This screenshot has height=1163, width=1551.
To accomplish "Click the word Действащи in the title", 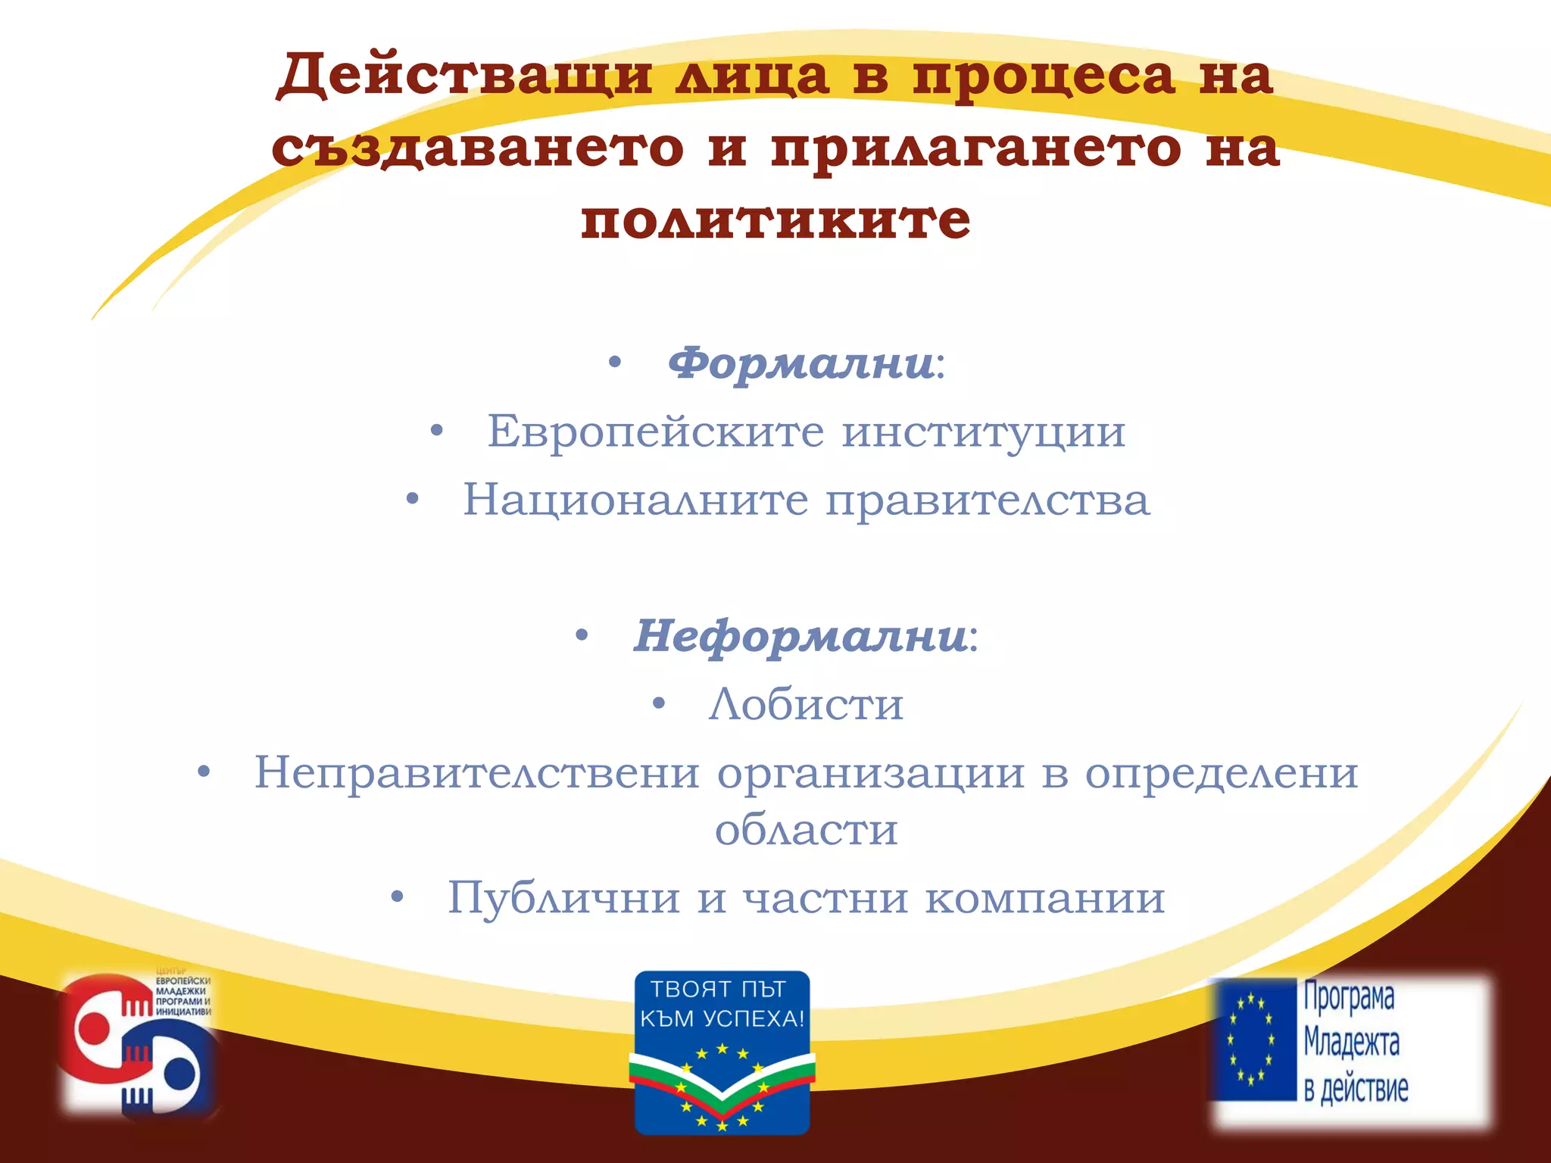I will pyautogui.click(x=463, y=76).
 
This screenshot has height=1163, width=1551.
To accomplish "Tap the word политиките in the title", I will pyautogui.click(x=775, y=220).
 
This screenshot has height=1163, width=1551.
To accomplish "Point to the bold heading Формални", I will pyautogui.click(x=800, y=363).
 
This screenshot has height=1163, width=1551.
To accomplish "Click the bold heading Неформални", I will pyautogui.click(x=800, y=636).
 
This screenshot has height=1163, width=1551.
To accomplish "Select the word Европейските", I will pyautogui.click(x=655, y=432).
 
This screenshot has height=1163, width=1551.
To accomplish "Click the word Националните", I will pyautogui.click(x=635, y=500).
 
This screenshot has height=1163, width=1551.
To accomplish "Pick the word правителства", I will pyautogui.click(x=987, y=500).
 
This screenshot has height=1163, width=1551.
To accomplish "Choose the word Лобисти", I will pyautogui.click(x=806, y=704).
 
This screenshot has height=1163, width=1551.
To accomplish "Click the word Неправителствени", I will pyautogui.click(x=476, y=772).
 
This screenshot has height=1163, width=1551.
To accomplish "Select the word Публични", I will pyautogui.click(x=563, y=897).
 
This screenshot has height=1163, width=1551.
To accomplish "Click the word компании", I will pyautogui.click(x=1044, y=897).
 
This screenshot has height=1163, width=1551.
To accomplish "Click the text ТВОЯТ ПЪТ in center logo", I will pyautogui.click(x=718, y=989).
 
